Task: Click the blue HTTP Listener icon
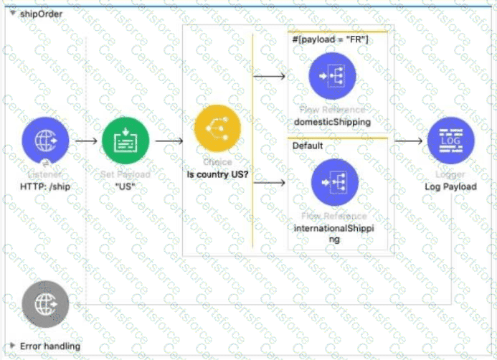coord(45,141)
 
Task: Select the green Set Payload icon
coord(126,141)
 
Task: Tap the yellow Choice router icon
coord(217,128)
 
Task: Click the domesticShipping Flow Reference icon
coord(333,75)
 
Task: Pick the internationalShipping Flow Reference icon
coord(334,182)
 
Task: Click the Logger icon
coord(450,140)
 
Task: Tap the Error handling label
coord(49,346)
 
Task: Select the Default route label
coord(308,146)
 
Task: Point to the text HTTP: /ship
coord(45,186)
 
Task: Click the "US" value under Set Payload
coord(126,186)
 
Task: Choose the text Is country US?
coord(217,174)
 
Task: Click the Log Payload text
coord(450,186)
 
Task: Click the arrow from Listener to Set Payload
coord(85,141)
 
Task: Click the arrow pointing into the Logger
coord(407,141)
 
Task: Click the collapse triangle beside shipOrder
coord(12,13)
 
